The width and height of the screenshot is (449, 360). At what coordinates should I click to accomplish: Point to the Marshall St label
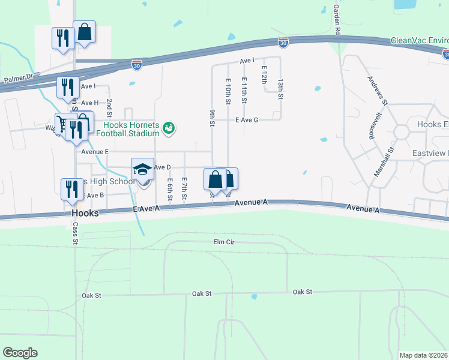(383, 162)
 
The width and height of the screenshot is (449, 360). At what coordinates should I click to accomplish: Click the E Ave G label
(246, 120)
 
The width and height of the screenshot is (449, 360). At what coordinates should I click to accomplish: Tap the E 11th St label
(244, 89)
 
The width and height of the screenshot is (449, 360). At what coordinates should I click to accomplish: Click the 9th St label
(212, 118)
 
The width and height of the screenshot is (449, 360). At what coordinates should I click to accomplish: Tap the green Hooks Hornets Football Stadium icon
(169, 127)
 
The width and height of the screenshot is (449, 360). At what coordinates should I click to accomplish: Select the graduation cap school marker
(143, 169)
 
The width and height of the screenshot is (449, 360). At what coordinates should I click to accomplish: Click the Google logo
(20, 353)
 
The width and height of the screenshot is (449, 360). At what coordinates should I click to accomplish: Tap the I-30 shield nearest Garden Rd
(283, 42)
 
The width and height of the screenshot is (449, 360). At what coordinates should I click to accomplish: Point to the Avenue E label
(94, 152)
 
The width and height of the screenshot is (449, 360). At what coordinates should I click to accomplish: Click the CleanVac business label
(419, 40)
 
